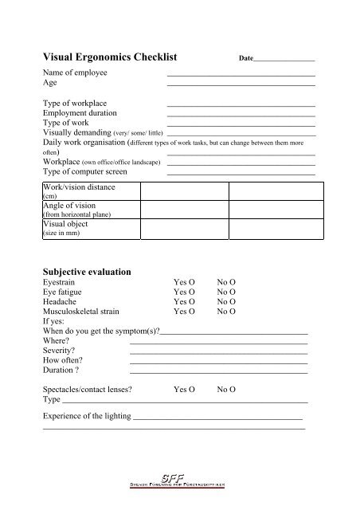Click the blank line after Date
tap(284, 61)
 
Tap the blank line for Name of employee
tap(241, 74)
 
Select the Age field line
tap(241, 84)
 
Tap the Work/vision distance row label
tap(79, 187)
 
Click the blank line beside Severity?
tap(218, 351)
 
